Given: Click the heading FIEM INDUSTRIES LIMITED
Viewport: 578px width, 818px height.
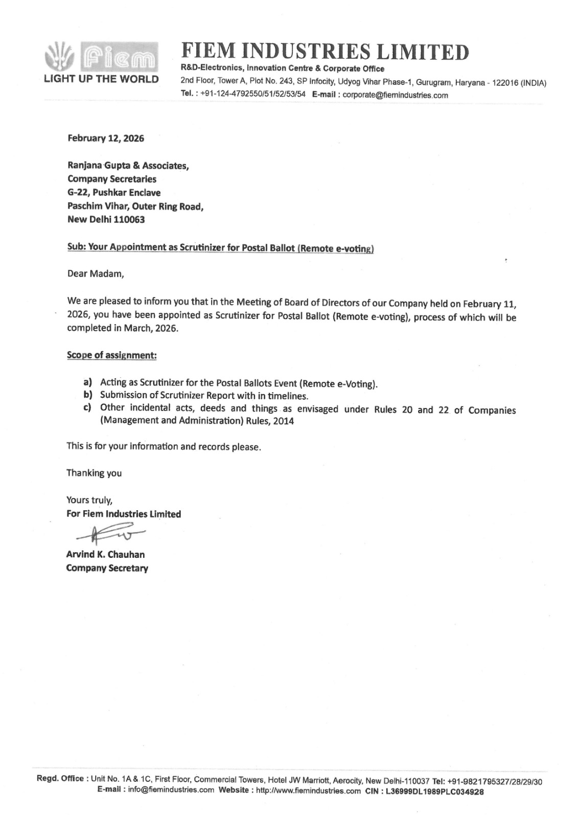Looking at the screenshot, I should click(325, 51).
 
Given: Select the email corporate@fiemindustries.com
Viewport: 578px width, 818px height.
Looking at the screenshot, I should click(395, 95).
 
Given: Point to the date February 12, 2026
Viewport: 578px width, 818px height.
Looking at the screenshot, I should click(106, 138).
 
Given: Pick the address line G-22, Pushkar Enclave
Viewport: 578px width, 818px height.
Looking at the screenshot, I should click(114, 192).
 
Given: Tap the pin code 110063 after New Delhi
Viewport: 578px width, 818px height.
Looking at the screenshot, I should click(130, 219).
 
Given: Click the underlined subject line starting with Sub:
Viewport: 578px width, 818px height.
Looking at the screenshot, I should click(220, 247).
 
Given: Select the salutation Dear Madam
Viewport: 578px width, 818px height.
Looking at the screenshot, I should click(96, 274).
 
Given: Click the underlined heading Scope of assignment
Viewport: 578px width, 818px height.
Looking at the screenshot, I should click(111, 355).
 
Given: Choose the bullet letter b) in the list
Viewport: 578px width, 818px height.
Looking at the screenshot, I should click(88, 395).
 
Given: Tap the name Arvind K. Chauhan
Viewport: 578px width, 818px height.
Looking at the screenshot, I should click(105, 554).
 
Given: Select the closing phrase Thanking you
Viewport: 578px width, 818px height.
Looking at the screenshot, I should click(94, 473).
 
